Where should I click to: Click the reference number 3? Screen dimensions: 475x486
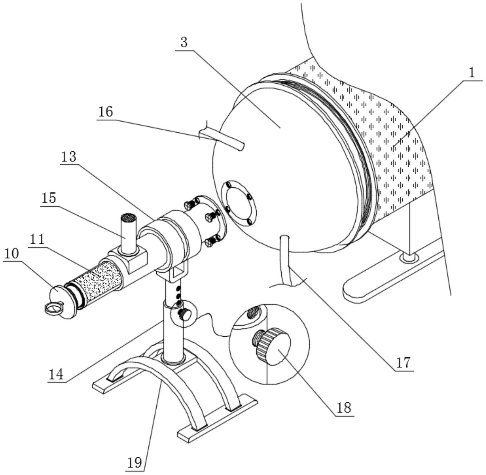click(184, 42)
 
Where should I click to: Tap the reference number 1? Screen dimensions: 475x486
click(471, 73)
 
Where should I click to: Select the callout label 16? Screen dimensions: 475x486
click(105, 112)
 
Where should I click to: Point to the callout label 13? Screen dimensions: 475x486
click(69, 157)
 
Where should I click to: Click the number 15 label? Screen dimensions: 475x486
click(48, 198)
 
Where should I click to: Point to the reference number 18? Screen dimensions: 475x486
click(344, 408)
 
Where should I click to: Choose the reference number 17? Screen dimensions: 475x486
click(403, 363)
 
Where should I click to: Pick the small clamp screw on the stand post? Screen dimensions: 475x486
click(184, 314)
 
